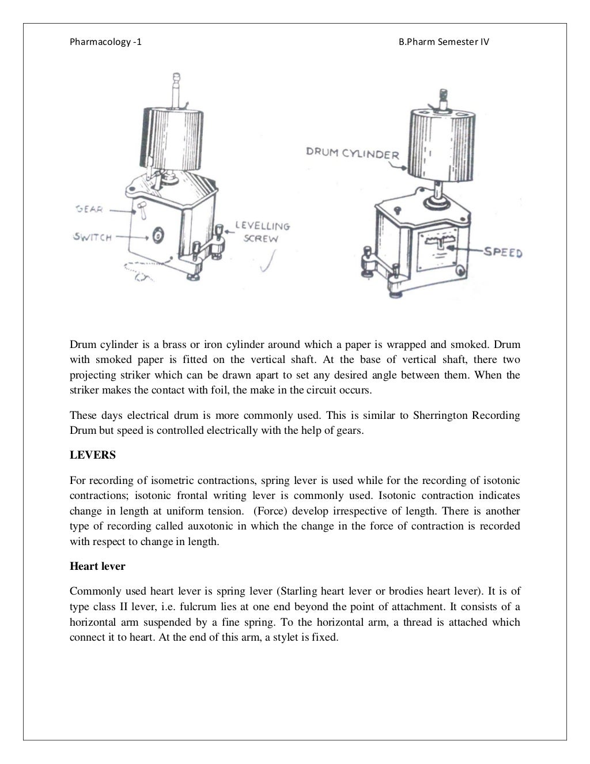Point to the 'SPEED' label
coord(502,252)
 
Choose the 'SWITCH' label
coord(92,237)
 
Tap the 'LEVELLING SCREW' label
coord(262,232)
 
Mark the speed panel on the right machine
coord(440,246)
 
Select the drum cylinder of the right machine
coord(439,141)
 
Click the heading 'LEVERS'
coord(93,455)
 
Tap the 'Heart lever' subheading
coord(97,566)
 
